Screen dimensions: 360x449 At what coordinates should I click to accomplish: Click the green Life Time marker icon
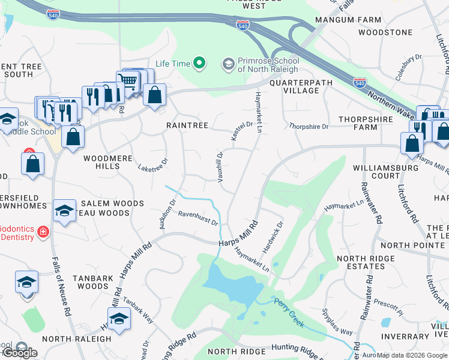199,64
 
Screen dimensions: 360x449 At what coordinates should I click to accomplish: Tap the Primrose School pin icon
228,64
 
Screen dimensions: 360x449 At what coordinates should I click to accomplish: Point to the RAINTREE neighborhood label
187,125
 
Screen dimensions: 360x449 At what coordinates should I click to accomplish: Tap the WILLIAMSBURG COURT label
385,172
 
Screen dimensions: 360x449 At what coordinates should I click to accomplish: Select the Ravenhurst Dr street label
197,218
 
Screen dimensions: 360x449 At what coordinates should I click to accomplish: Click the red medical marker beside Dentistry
42,232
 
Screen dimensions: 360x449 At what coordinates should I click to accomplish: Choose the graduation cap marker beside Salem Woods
64,211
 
